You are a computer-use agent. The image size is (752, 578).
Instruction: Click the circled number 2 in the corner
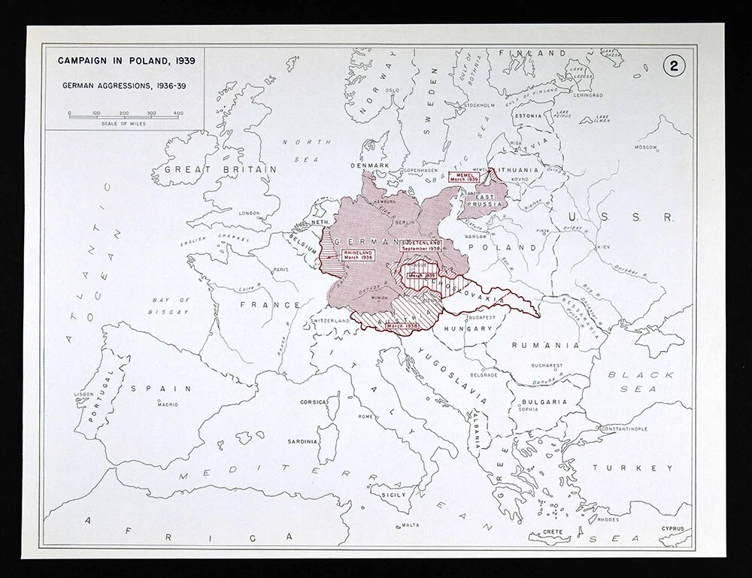[x=674, y=65]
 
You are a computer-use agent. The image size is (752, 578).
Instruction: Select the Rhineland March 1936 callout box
[x=358, y=255]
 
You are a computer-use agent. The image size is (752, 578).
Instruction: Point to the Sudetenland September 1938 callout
[x=420, y=248]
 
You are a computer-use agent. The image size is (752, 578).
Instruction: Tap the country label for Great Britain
[x=220, y=170]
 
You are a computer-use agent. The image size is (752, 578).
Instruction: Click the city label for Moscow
[x=646, y=147]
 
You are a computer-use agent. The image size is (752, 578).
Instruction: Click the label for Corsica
[x=313, y=402]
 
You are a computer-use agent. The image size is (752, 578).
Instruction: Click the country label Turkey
[x=632, y=468]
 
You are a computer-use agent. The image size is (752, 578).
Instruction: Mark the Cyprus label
[x=672, y=528]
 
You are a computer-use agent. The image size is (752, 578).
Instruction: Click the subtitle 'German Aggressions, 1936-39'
[x=120, y=85]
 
